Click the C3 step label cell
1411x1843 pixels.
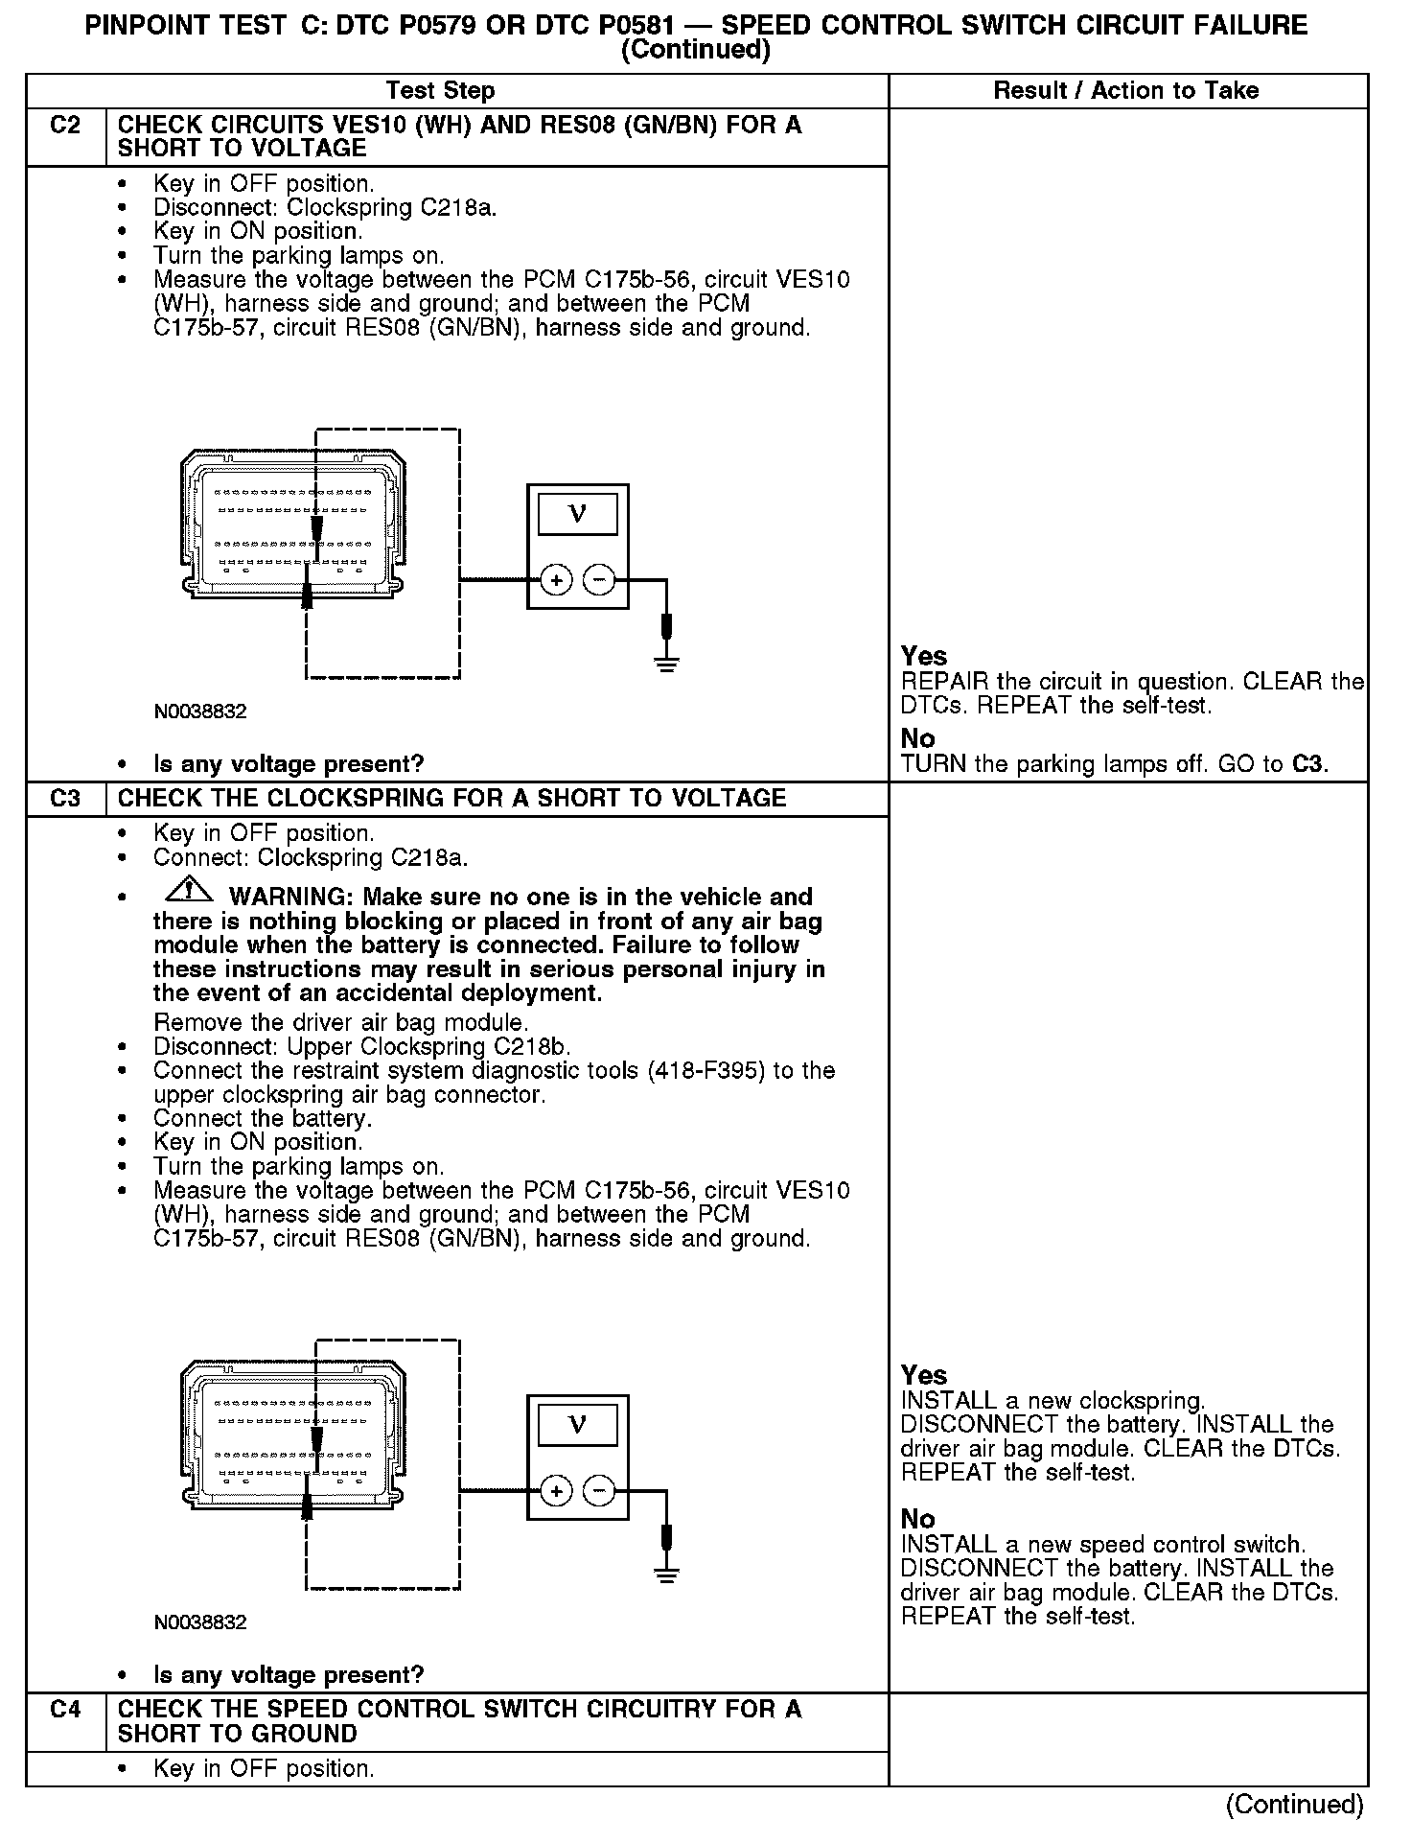coord(65,799)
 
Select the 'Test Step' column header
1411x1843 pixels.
coord(440,91)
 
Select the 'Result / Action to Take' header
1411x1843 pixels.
coord(1126,91)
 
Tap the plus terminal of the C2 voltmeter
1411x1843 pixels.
coord(556,579)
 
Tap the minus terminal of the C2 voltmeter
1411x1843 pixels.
coord(599,579)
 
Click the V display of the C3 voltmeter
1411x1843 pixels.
coord(577,1425)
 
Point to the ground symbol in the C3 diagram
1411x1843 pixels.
coord(667,1574)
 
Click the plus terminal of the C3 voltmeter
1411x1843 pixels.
coord(556,1491)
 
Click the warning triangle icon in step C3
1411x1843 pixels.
coord(189,891)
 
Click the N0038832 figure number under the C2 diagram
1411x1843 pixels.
coord(200,712)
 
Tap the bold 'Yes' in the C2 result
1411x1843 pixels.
coord(924,657)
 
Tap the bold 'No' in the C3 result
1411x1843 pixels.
coord(917,1520)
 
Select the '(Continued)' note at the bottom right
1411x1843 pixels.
coord(1294,1805)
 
